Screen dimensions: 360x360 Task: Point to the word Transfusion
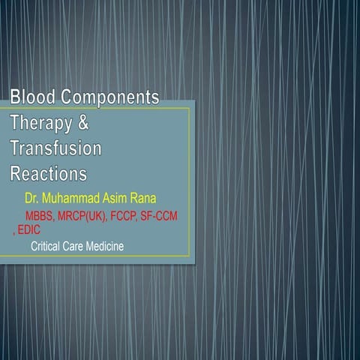pyautogui.click(x=56, y=148)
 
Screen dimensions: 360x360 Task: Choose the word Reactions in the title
pyautogui.click(x=48, y=173)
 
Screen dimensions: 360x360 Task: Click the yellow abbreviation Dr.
pyautogui.click(x=31, y=200)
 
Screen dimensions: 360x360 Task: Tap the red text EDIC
pyautogui.click(x=29, y=231)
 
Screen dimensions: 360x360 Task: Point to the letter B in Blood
pyautogui.click(x=16, y=97)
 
